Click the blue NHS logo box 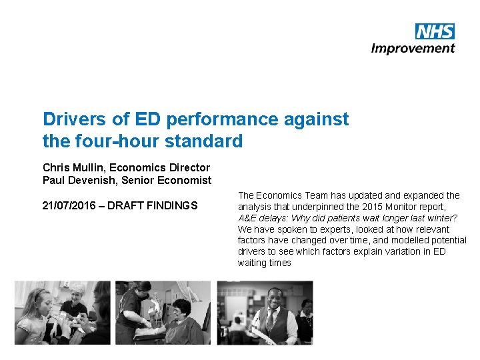(x=435, y=31)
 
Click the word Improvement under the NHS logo (x=413, y=48)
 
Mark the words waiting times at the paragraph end (x=265, y=263)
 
